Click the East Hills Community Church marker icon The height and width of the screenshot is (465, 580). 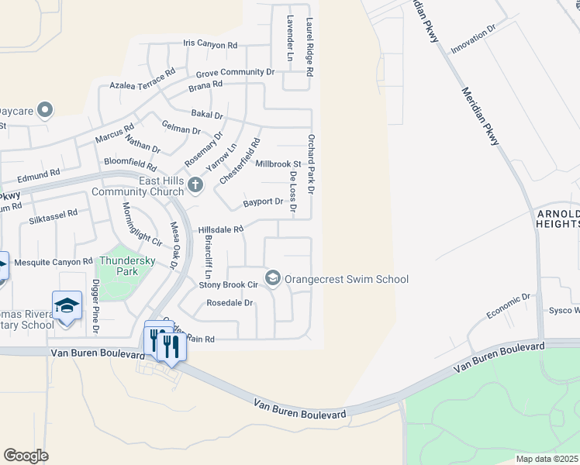click(x=195, y=184)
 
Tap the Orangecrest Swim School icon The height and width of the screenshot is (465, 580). click(x=273, y=277)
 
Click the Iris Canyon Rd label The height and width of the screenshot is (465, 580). click(x=210, y=45)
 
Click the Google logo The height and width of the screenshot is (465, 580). click(x=26, y=455)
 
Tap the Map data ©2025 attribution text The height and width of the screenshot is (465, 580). click(x=547, y=459)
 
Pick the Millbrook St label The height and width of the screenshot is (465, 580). click(x=278, y=164)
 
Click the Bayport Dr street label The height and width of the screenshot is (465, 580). click(x=263, y=201)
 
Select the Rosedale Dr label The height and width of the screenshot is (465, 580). click(x=226, y=303)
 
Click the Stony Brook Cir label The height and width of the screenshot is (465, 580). click(x=228, y=285)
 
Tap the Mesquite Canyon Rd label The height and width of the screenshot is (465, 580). click(x=48, y=263)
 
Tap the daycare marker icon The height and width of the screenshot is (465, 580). click(x=45, y=110)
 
